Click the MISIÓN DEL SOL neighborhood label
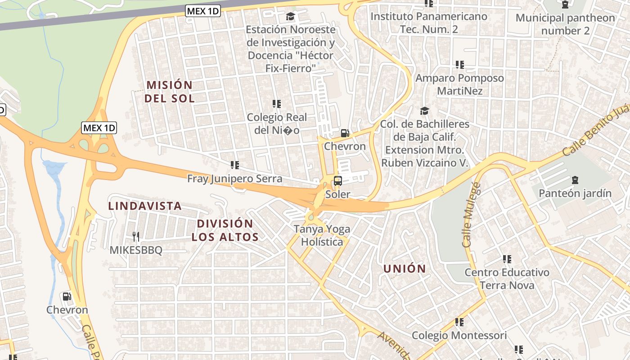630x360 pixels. click(x=169, y=91)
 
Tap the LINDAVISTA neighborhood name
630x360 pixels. click(x=145, y=206)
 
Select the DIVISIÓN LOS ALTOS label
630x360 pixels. click(x=225, y=230)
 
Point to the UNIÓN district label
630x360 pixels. click(x=405, y=269)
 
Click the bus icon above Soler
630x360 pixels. click(x=337, y=181)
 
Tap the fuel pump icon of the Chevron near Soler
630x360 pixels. click(x=345, y=133)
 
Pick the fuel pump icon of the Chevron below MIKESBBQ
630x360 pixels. click(x=67, y=297)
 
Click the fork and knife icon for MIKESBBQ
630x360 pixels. click(x=135, y=236)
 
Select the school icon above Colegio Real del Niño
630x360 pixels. click(x=277, y=104)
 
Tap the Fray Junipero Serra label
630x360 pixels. click(x=235, y=179)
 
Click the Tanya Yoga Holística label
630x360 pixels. click(x=322, y=235)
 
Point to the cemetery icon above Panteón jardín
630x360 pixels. click(x=575, y=180)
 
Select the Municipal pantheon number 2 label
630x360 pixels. click(x=565, y=24)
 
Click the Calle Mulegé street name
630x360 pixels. click(x=471, y=215)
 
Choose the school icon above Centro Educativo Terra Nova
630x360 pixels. click(x=507, y=259)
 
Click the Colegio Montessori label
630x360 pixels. click(x=459, y=335)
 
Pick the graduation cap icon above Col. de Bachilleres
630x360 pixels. click(x=424, y=111)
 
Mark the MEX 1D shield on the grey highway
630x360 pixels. click(x=203, y=11)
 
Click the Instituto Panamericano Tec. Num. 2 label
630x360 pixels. click(x=428, y=22)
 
